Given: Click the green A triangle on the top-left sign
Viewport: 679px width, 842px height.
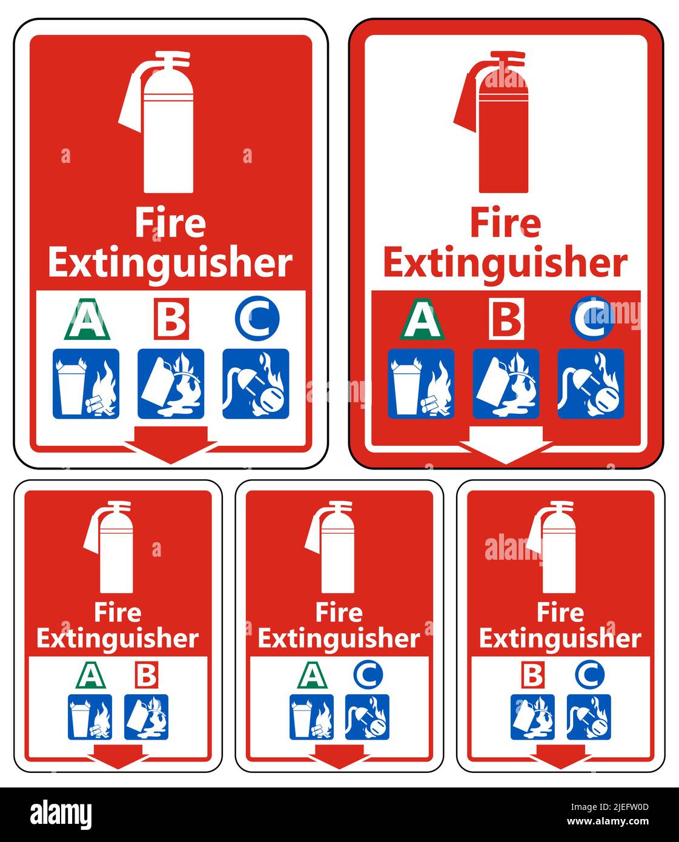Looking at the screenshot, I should tap(87, 320).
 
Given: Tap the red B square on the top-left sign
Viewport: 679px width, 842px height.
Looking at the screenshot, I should tap(171, 319).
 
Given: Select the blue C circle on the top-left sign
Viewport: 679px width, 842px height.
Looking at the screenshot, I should tap(257, 318).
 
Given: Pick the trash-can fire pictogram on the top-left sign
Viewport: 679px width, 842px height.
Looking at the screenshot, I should tap(86, 384).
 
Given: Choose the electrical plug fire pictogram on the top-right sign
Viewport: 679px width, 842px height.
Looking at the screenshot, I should tap(591, 384).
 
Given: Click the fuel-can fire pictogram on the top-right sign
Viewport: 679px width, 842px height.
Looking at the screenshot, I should tap(506, 384).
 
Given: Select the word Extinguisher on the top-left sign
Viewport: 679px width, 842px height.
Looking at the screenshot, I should tap(170, 263).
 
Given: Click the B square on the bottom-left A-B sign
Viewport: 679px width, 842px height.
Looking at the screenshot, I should tap(147, 675).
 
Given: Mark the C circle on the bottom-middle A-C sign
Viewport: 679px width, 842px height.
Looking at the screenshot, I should tap(368, 675).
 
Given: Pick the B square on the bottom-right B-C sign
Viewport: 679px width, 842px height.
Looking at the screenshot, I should tap(533, 675).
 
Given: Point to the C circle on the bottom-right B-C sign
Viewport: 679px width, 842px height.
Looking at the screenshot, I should tap(589, 675).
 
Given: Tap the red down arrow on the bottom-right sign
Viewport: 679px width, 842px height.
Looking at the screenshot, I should tap(561, 755).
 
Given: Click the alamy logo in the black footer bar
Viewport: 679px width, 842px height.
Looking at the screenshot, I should tap(61, 814).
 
